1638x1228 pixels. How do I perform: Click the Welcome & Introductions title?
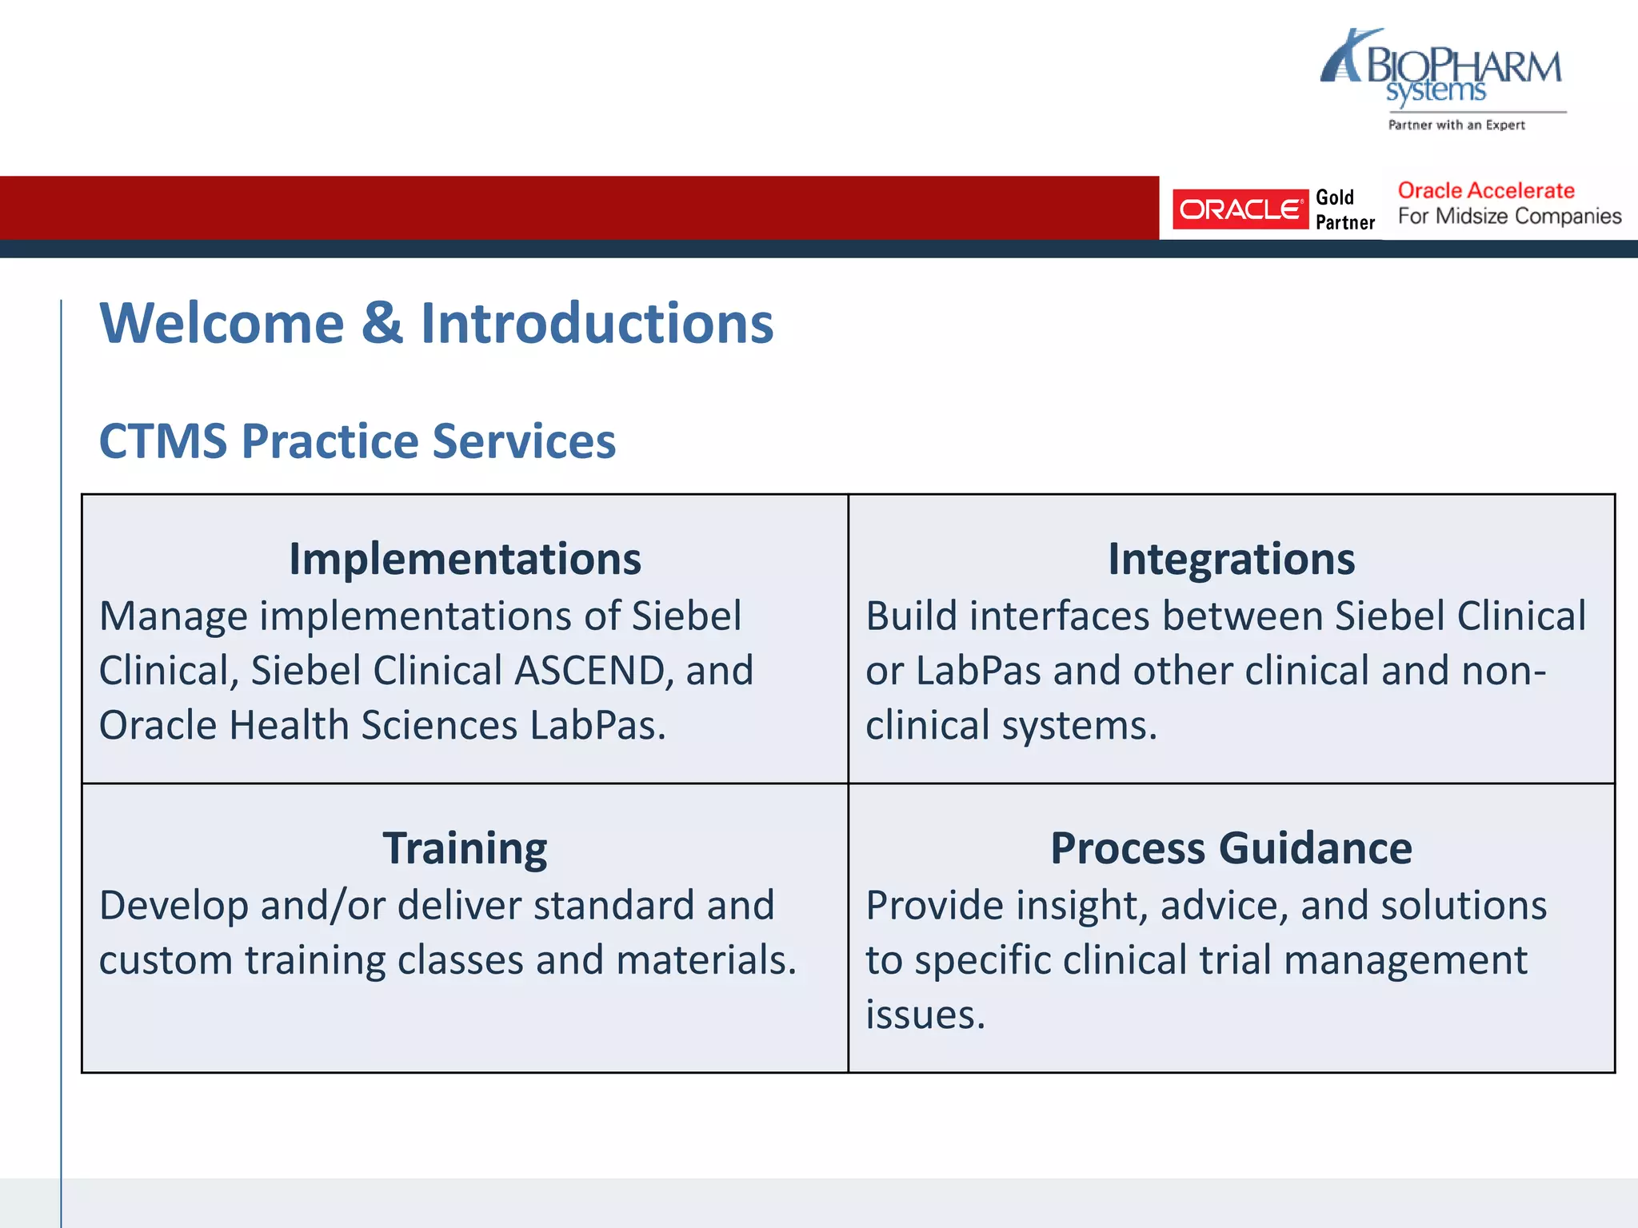[436, 323]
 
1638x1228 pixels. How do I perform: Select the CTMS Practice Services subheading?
[357, 441]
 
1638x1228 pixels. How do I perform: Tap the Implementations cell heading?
[465, 559]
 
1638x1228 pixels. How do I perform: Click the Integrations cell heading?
[1231, 559]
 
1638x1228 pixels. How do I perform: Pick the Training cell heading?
[465, 848]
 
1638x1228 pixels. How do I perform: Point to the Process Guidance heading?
[1231, 848]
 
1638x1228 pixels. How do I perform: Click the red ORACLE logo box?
[1240, 209]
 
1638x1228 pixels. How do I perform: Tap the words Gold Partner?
[1344, 209]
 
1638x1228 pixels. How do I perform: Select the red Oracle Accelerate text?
[1485, 190]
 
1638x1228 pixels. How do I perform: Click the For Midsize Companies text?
[1509, 217]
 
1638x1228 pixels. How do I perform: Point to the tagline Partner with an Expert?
[1456, 125]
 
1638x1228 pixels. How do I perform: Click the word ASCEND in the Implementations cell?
[589, 671]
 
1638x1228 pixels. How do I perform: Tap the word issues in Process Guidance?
[925, 1015]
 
